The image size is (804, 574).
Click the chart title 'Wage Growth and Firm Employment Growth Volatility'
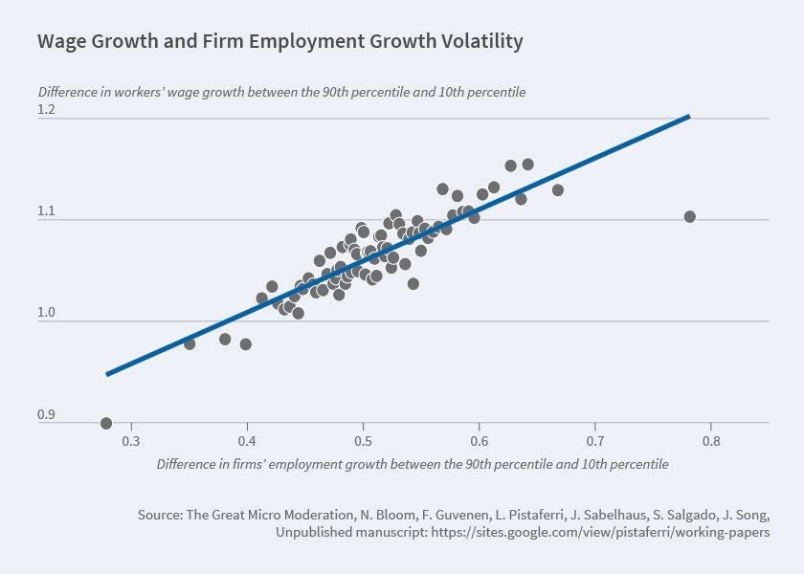(x=279, y=41)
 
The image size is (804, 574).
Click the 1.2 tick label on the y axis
(x=47, y=110)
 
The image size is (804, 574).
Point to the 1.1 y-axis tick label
(x=47, y=211)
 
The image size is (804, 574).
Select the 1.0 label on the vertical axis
(x=47, y=313)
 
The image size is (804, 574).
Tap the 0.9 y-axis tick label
(x=47, y=414)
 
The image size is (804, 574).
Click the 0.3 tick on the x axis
(x=131, y=441)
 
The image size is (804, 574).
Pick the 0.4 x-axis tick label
(x=247, y=441)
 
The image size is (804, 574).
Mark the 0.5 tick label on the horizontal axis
(x=363, y=441)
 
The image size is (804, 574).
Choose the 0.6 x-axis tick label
(x=479, y=441)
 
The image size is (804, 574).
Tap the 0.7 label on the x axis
(x=594, y=441)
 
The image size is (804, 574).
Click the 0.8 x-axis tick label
(x=710, y=441)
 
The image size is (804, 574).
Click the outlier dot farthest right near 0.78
(x=690, y=217)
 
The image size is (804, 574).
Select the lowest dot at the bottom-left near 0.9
(x=106, y=424)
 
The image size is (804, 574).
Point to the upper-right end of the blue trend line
(x=688, y=117)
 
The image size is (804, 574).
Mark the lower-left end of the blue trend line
(x=107, y=373)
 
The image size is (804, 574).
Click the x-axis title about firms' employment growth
(x=412, y=464)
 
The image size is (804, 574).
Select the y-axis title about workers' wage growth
(x=281, y=93)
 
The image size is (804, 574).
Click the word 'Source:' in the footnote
(x=160, y=515)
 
